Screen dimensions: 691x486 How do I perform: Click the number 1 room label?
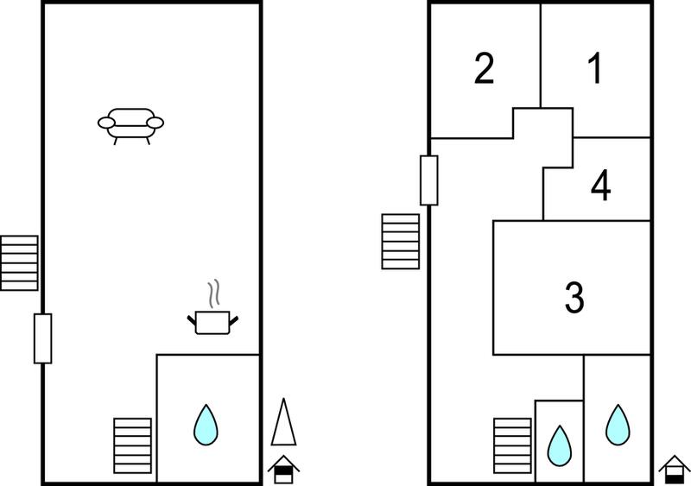[595, 68]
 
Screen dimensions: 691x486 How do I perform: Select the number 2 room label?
[484, 68]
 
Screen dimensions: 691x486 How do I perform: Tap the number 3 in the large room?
[574, 298]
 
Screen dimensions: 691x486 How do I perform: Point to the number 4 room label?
[600, 186]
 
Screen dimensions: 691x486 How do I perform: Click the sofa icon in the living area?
[131, 126]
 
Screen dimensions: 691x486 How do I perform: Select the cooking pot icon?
[212, 323]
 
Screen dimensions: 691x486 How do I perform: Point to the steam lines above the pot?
[213, 293]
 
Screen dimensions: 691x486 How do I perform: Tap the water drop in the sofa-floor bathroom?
[206, 425]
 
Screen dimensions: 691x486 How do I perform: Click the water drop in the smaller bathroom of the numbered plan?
[559, 445]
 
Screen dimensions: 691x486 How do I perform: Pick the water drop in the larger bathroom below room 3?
[618, 425]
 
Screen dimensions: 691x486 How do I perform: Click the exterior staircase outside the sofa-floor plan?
[19, 263]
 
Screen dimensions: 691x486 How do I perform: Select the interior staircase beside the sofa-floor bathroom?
[133, 445]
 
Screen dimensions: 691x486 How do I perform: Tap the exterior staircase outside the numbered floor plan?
[400, 242]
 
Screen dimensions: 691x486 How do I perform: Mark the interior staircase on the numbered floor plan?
[512, 445]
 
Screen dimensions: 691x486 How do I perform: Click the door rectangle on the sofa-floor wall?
[42, 338]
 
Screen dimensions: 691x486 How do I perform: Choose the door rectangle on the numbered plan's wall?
[428, 180]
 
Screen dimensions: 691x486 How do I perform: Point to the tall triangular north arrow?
[284, 422]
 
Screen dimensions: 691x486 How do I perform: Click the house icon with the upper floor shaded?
[283, 470]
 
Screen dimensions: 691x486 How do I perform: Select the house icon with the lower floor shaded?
[674, 470]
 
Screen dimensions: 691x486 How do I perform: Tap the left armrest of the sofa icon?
[106, 123]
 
